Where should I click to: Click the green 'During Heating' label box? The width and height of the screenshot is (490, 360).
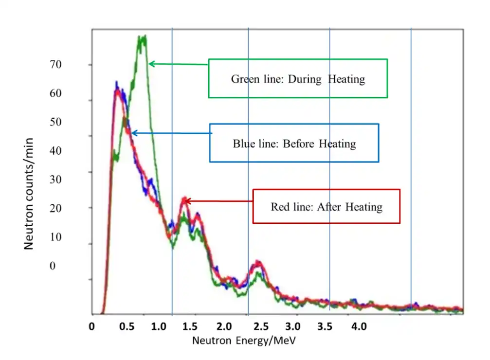298,78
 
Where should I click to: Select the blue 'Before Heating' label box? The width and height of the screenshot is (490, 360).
294,143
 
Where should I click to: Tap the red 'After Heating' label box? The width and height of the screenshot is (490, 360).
327,206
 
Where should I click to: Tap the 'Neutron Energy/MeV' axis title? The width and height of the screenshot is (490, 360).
243,340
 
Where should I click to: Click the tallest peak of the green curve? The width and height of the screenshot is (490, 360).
142,38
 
